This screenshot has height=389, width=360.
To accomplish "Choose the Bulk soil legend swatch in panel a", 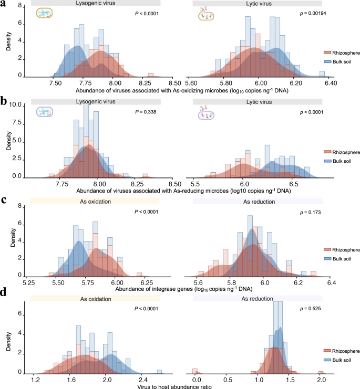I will tap(326, 61).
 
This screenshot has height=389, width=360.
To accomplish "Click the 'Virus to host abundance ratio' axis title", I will tap(180, 385).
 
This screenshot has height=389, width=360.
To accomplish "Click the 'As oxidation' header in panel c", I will tap(95, 201).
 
